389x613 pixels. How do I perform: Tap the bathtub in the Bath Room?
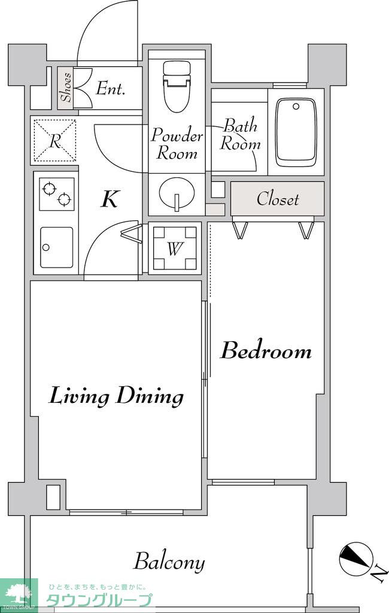click(x=296, y=132)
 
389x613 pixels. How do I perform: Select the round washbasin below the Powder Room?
click(x=177, y=193)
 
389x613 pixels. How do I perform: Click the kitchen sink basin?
click(x=57, y=247)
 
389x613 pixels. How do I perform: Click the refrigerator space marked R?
click(x=54, y=140)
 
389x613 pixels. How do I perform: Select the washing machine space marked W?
click(x=175, y=248)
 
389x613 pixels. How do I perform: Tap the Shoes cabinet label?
click(x=65, y=87)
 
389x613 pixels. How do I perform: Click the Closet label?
click(x=278, y=199)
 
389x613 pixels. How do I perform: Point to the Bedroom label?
click(x=266, y=351)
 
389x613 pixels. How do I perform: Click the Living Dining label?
click(x=116, y=396)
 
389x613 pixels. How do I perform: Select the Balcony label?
click(x=169, y=562)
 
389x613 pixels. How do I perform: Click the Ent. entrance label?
click(x=111, y=89)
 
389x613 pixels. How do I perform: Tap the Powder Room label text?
click(x=177, y=144)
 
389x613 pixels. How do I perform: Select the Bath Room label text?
click(x=240, y=135)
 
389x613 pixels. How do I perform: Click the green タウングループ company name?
click(x=99, y=600)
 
